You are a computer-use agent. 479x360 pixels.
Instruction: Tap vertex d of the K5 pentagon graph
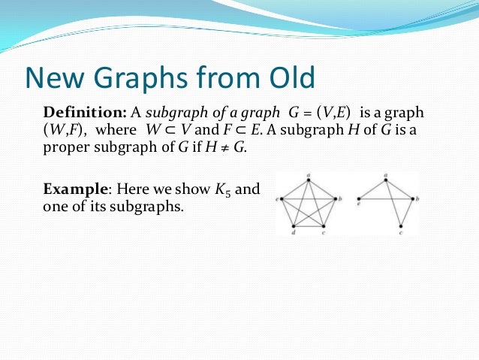click(x=294, y=225)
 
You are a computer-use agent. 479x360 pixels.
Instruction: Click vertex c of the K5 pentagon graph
click(x=324, y=225)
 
